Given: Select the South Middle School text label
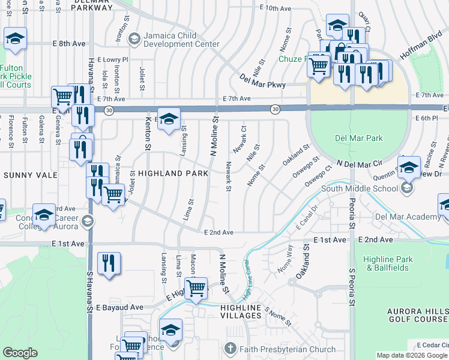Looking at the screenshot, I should [360, 188].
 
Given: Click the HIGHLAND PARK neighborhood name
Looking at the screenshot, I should [173, 173].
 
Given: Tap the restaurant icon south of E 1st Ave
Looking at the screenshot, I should [109, 265].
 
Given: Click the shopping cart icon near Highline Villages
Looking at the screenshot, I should [196, 289].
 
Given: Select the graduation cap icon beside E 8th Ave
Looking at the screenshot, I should [15, 40].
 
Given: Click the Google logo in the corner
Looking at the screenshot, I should [20, 353].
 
